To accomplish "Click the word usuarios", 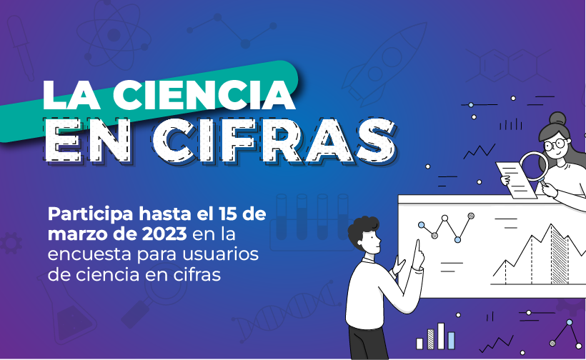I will (226, 254).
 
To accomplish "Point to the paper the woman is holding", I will (516, 176).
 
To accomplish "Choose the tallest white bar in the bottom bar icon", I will (441, 335).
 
